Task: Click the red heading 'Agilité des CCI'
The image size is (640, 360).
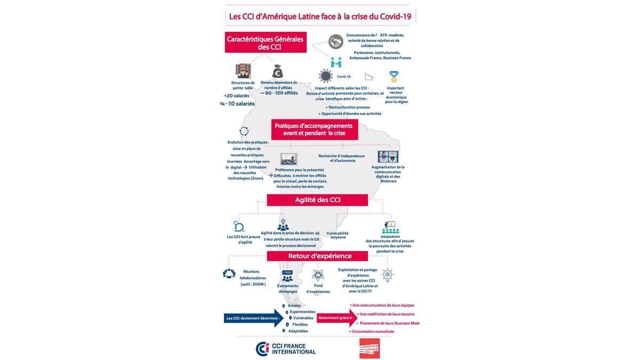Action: point(317,200)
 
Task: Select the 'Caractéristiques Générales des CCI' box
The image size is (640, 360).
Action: point(266,43)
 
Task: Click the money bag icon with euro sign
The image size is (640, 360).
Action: point(277,71)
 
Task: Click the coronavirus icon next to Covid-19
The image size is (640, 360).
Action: point(325,76)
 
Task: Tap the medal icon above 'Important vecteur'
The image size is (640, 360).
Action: point(394,76)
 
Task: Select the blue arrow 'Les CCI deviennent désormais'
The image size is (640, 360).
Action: point(253,318)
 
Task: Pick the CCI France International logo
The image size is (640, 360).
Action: point(286,349)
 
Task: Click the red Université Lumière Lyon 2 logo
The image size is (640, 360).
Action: point(370,348)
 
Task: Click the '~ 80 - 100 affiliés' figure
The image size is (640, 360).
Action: point(279,93)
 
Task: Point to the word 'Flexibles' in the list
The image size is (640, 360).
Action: point(300,324)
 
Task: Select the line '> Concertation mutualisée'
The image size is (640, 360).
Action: point(372,331)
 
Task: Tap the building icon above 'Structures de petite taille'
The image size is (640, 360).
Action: point(243,71)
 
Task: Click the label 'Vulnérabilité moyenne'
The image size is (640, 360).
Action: point(338,235)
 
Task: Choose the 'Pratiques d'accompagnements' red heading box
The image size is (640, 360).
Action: point(315,129)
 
